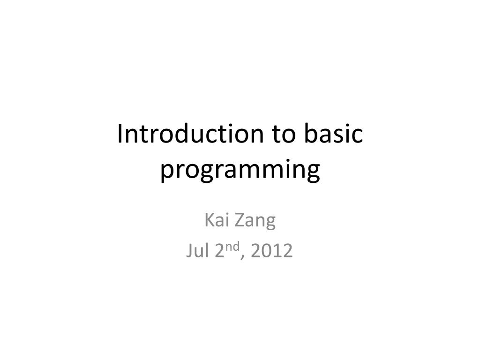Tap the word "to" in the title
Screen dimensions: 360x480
coord(281,135)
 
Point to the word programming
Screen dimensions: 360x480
coord(240,170)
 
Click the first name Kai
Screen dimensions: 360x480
coord(216,220)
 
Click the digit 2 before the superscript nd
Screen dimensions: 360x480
coord(220,251)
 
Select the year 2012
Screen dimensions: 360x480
coord(271,251)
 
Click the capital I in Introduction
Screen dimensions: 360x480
coord(120,135)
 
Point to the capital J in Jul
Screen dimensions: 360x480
coord(189,251)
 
